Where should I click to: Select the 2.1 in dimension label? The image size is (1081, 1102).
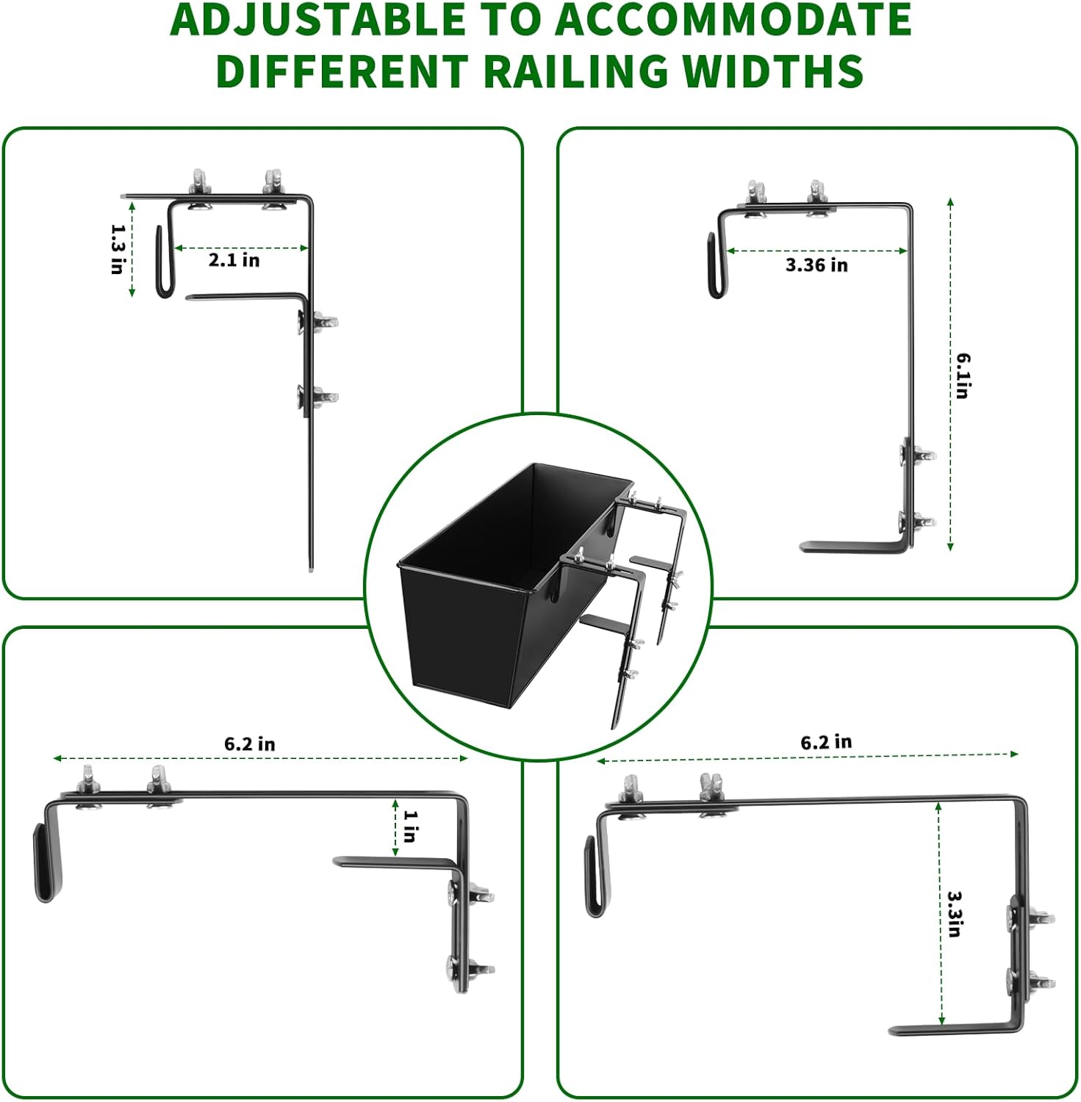[x=234, y=260]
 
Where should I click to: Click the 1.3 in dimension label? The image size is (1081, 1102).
[x=116, y=249]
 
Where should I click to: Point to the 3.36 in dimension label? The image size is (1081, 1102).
[x=816, y=265]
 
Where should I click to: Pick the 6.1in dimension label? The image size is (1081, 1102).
[x=963, y=375]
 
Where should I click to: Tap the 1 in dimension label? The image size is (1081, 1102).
[x=410, y=826]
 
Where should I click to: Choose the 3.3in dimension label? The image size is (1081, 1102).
[x=954, y=914]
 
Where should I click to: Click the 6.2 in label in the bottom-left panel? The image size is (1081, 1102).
[x=250, y=744]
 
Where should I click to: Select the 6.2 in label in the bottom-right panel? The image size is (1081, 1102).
[x=826, y=742]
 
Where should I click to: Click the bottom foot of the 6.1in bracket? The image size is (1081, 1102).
[x=852, y=547]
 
